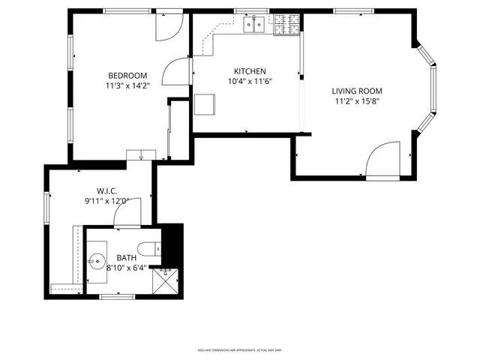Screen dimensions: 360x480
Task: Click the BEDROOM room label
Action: (127, 75)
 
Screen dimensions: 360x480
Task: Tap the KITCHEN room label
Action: (250, 71)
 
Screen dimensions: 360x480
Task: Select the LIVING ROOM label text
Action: (356, 91)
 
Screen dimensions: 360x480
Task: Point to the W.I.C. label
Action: (106, 190)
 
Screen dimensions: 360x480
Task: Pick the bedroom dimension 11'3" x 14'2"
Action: (127, 85)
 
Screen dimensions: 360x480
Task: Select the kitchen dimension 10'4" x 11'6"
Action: (250, 82)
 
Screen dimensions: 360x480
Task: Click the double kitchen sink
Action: (253, 25)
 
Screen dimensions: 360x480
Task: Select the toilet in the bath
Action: (148, 248)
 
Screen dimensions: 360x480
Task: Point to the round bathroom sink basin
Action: (96, 262)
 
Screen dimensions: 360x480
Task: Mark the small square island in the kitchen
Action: (205, 105)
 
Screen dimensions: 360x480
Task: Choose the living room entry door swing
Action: (383, 159)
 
